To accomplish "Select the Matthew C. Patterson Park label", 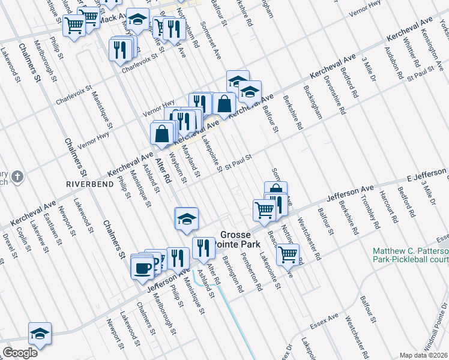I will point(411,255).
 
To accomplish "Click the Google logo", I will point(19,352).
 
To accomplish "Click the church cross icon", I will point(18,176).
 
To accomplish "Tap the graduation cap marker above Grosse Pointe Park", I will point(186,218).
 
